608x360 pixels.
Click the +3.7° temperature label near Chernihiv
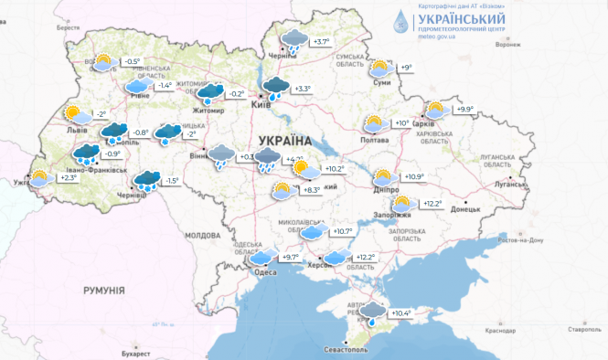pyautogui.click(x=320, y=42)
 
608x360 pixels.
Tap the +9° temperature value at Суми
pyautogui.click(x=406, y=68)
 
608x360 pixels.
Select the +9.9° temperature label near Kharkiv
pyautogui.click(x=464, y=110)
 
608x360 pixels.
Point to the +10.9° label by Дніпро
pyautogui.click(x=414, y=177)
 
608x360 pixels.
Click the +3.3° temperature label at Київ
pyautogui.click(x=302, y=89)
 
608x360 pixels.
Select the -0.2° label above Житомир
pyautogui.click(x=236, y=93)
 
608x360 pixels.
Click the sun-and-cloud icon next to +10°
pyautogui.click(x=374, y=123)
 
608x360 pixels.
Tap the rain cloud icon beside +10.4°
pyautogui.click(x=372, y=313)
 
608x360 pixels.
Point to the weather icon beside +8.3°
pyautogui.click(x=282, y=191)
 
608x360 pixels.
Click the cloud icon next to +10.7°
pyautogui.click(x=313, y=232)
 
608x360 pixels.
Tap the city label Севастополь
pyautogui.click(x=347, y=350)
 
